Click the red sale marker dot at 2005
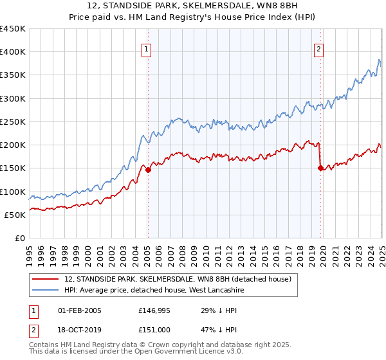148,170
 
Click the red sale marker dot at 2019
320,168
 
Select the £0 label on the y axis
19,238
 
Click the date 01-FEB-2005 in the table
79,310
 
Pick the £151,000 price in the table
154,330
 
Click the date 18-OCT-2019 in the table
79,330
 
